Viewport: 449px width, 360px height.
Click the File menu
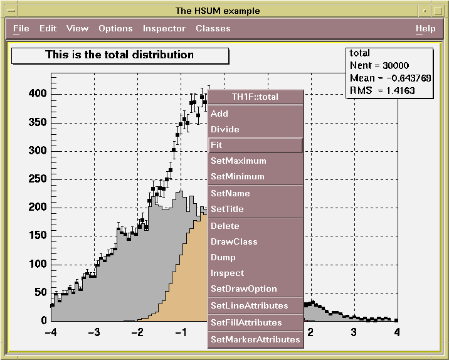(x=21, y=29)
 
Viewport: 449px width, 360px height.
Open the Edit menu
(x=48, y=29)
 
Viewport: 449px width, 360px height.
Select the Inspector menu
(x=164, y=29)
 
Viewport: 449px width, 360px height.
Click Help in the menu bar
(x=425, y=29)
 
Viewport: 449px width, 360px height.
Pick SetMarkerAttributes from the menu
(x=255, y=339)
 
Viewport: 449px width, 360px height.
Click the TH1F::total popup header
(x=255, y=97)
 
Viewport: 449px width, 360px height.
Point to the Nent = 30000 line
(x=379, y=65)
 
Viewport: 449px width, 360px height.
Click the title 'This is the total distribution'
(x=120, y=55)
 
